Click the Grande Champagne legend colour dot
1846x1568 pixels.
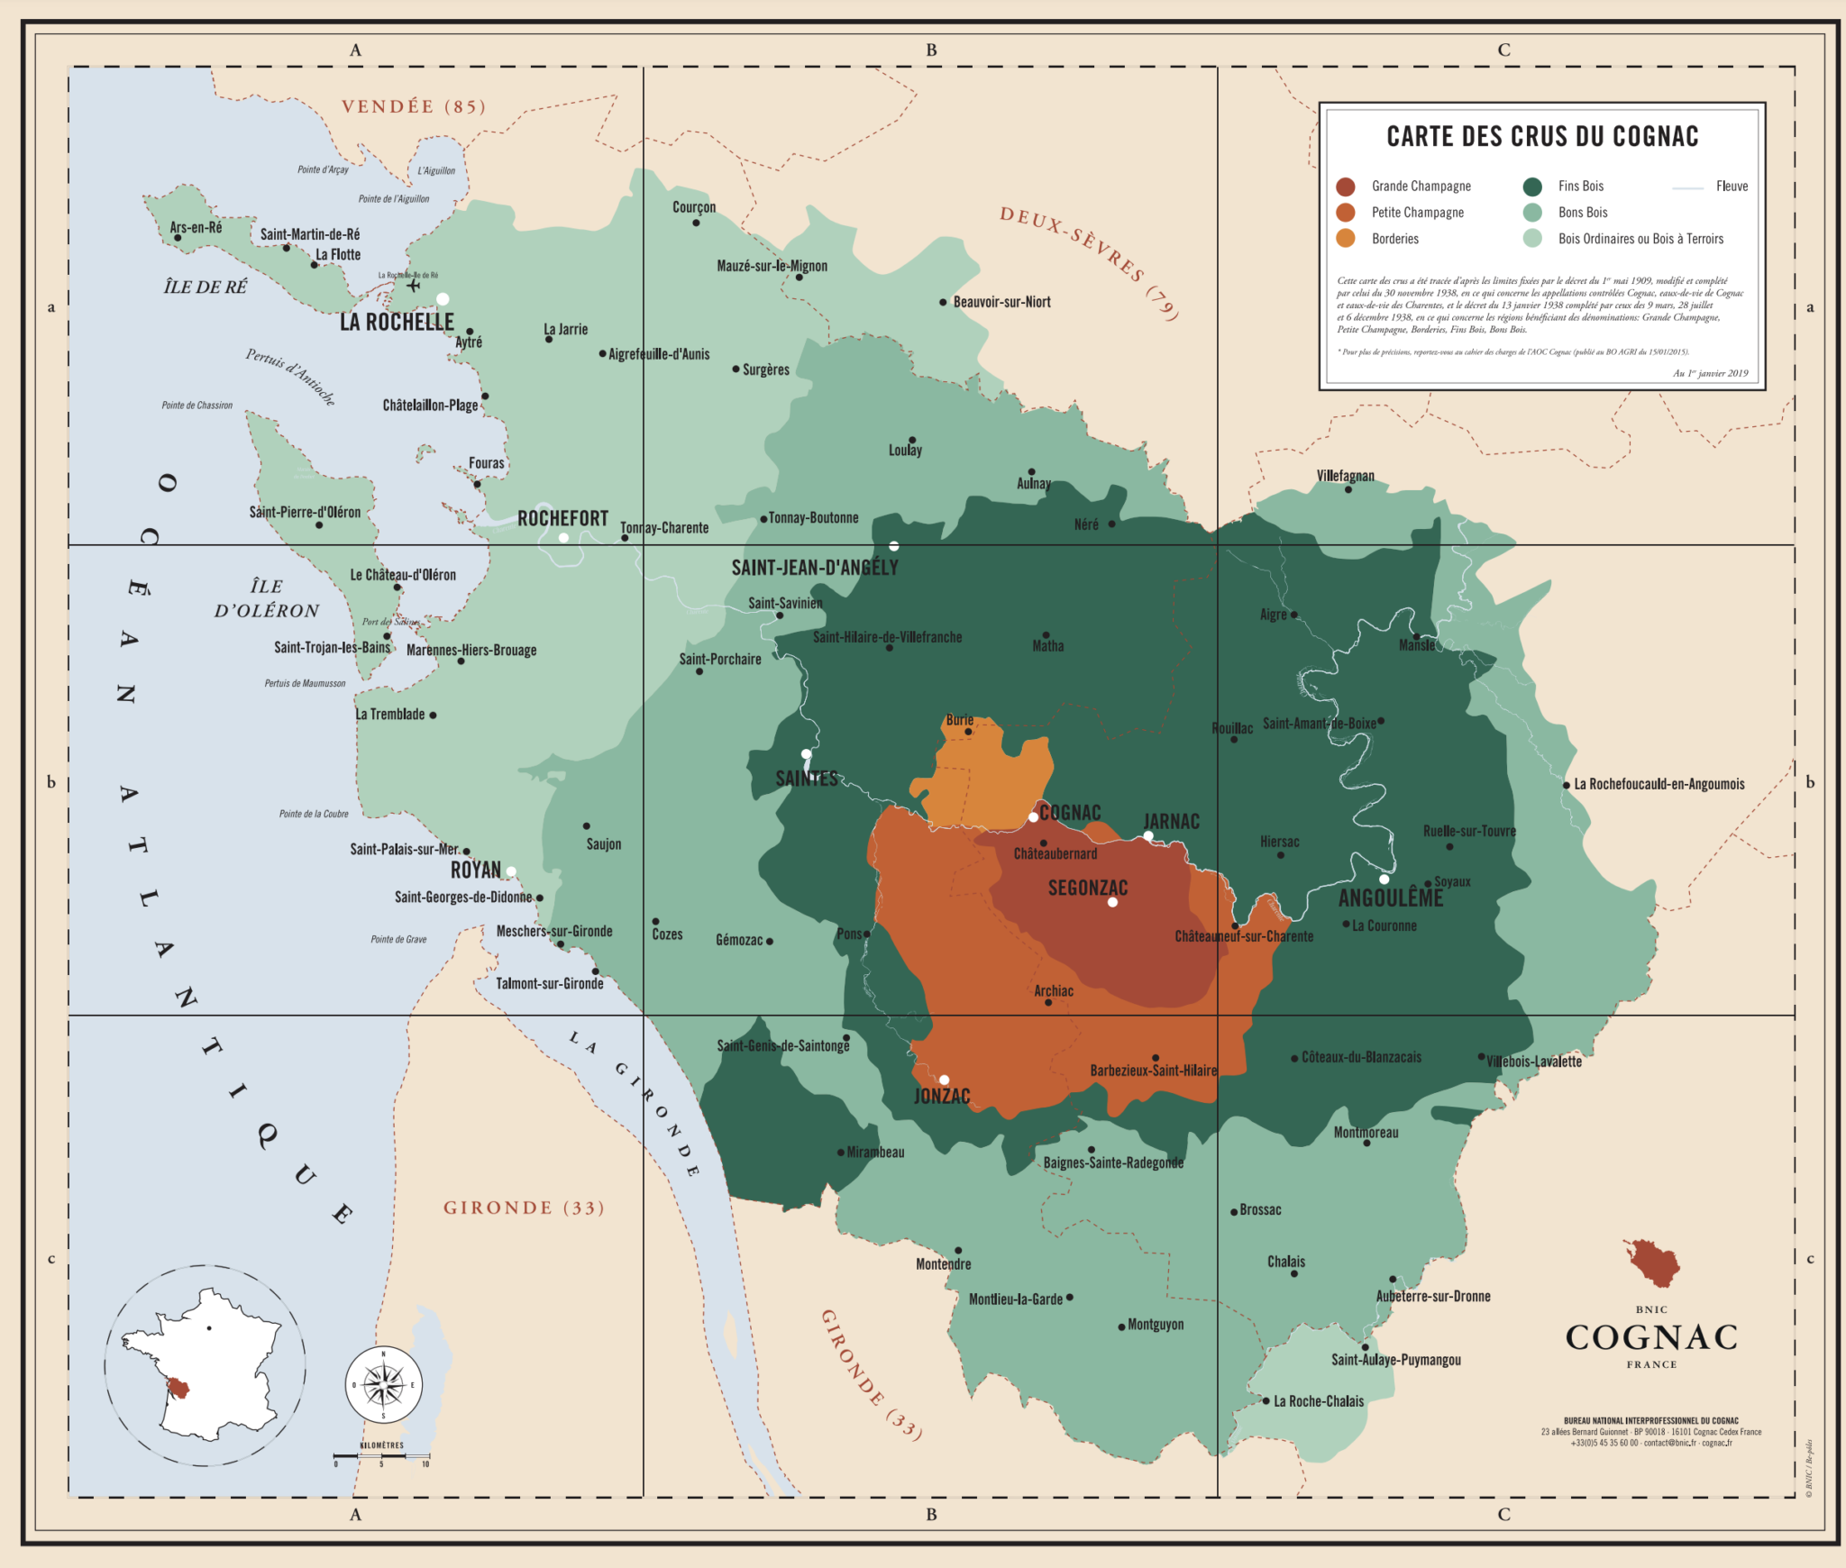pyautogui.click(x=1346, y=187)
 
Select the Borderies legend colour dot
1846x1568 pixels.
pyautogui.click(x=1346, y=239)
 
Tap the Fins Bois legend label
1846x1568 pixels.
pyautogui.click(x=1580, y=187)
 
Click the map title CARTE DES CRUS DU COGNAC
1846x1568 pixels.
pyautogui.click(x=1541, y=137)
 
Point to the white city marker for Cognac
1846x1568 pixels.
pyautogui.click(x=1033, y=817)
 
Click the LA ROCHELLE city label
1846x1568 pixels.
pyautogui.click(x=397, y=323)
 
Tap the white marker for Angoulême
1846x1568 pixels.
pyautogui.click(x=1384, y=880)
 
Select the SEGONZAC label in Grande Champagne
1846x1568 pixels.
pyautogui.click(x=1087, y=889)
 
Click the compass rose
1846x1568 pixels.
pyautogui.click(x=384, y=1385)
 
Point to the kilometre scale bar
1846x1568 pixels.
pyautogui.click(x=381, y=1455)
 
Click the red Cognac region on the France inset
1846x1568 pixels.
pyautogui.click(x=179, y=1389)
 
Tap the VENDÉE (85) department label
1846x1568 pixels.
pyautogui.click(x=414, y=107)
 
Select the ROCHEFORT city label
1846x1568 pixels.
pyautogui.click(x=562, y=519)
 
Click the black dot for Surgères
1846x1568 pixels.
pyautogui.click(x=736, y=369)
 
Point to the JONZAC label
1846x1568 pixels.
pyautogui.click(x=942, y=1097)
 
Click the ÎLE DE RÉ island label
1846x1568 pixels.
pyautogui.click(x=205, y=287)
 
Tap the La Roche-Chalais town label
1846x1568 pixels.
pyautogui.click(x=1318, y=1401)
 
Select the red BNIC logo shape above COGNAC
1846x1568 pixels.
pyautogui.click(x=1653, y=1263)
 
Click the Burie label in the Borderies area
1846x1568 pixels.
pyautogui.click(x=959, y=720)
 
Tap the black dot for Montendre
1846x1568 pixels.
pyautogui.click(x=958, y=1251)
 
